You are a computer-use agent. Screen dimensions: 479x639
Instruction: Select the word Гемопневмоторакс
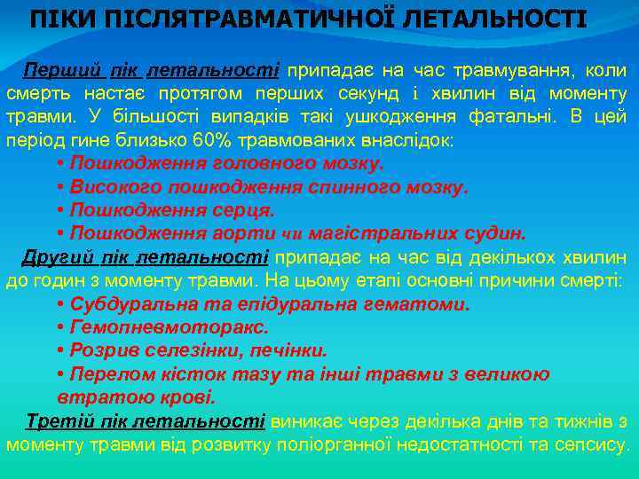pos(151,327)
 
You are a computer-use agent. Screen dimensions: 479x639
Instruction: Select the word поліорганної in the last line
pos(336,444)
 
